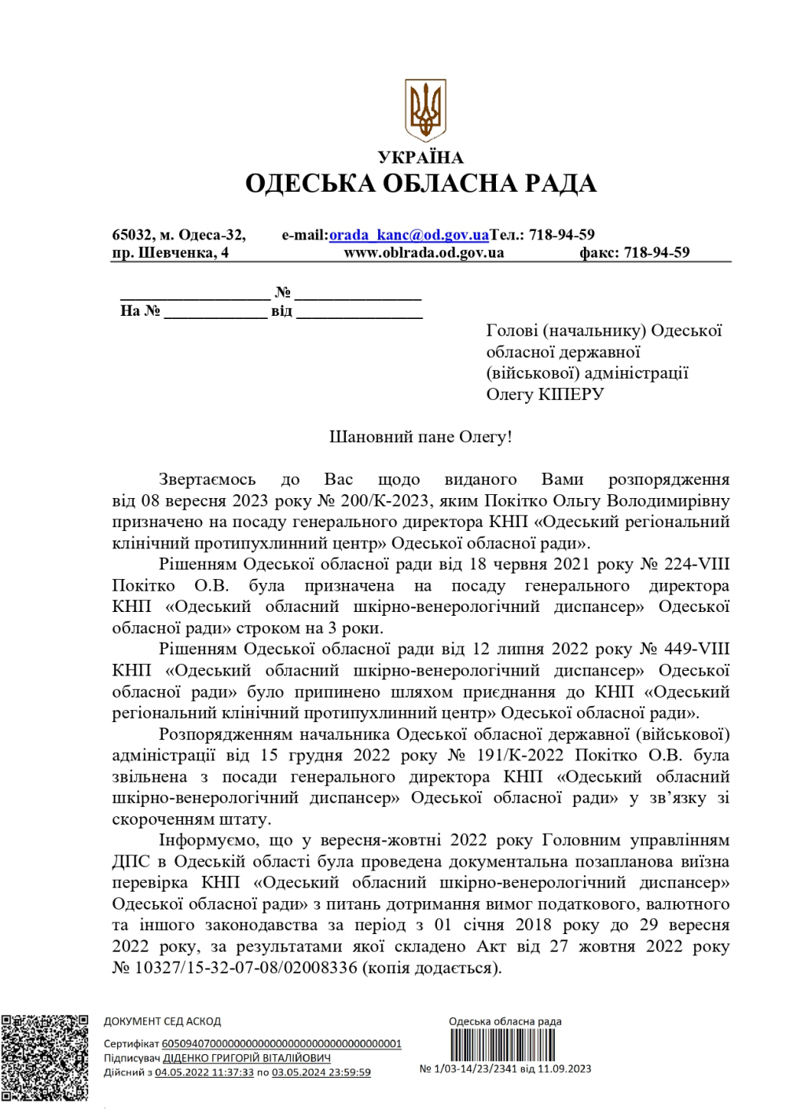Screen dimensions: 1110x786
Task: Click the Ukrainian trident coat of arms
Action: [425, 110]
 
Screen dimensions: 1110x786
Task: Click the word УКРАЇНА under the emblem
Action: [421, 157]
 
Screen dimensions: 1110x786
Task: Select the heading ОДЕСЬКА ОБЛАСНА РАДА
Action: [421, 184]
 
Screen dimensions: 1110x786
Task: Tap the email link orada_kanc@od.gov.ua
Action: [409, 235]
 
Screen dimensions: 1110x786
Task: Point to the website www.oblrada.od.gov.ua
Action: [424, 253]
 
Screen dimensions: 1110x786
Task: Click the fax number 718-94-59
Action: [656, 253]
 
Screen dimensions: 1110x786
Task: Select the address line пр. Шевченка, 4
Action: [171, 253]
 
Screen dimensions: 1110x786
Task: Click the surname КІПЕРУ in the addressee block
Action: [571, 394]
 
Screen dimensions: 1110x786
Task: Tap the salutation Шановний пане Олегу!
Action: [421, 438]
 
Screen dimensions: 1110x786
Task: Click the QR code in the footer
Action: [45, 1057]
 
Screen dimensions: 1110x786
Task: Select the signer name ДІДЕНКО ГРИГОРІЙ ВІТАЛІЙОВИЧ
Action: [247, 1058]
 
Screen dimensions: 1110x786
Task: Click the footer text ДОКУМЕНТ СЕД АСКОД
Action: [163, 1022]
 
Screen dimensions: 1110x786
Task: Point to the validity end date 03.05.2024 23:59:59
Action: [321, 1072]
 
